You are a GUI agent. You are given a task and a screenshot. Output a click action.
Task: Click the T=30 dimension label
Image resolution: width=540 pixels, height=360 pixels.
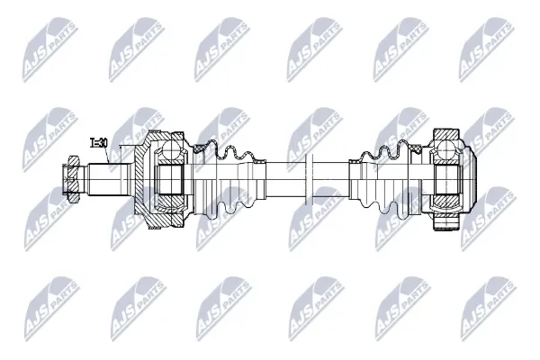pos(99,142)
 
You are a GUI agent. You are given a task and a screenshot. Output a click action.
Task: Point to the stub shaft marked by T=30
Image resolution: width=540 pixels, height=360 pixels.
pos(110,179)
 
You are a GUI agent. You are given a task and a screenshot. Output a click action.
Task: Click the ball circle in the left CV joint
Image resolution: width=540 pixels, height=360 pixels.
pos(171,149)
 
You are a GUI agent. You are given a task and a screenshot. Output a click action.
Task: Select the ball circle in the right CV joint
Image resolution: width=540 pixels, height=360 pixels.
pos(446,148)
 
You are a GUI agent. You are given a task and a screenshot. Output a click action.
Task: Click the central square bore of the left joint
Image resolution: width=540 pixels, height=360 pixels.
pos(169,179)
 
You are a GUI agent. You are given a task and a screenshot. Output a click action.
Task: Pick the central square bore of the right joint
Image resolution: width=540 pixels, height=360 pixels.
pos(446,179)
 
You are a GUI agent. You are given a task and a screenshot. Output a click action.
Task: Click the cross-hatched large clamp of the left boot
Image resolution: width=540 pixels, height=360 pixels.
pos(200,148)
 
